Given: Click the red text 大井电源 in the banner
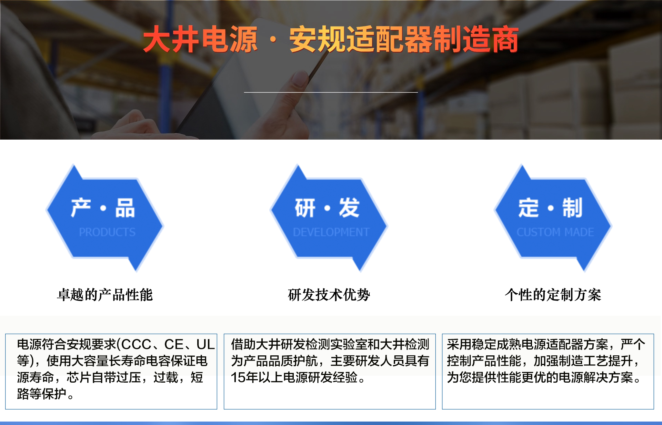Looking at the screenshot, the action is [x=200, y=39].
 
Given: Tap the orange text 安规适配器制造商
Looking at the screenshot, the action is [x=404, y=39].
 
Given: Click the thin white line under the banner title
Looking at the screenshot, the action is [x=331, y=92].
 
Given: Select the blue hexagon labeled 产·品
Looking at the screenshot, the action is [x=105, y=218].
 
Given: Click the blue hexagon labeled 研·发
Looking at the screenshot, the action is [x=329, y=218].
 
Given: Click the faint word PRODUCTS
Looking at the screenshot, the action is [x=107, y=232].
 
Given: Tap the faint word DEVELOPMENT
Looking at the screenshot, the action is [x=331, y=232].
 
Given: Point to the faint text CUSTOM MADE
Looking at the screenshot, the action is [x=555, y=232].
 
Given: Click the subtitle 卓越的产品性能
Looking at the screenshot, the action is [x=105, y=295].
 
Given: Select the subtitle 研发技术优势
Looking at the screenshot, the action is [x=329, y=295].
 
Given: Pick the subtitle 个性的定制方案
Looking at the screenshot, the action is [x=553, y=295].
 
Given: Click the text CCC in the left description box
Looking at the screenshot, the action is [x=136, y=344].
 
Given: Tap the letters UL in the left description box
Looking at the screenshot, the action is [x=205, y=344].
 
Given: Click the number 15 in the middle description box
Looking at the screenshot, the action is [x=238, y=377].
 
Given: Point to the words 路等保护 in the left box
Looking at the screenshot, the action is [x=42, y=394].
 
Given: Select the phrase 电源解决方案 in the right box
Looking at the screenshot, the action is [x=596, y=377].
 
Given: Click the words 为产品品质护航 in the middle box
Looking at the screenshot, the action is [x=274, y=361].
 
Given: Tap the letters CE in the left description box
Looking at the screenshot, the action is [x=174, y=344].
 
